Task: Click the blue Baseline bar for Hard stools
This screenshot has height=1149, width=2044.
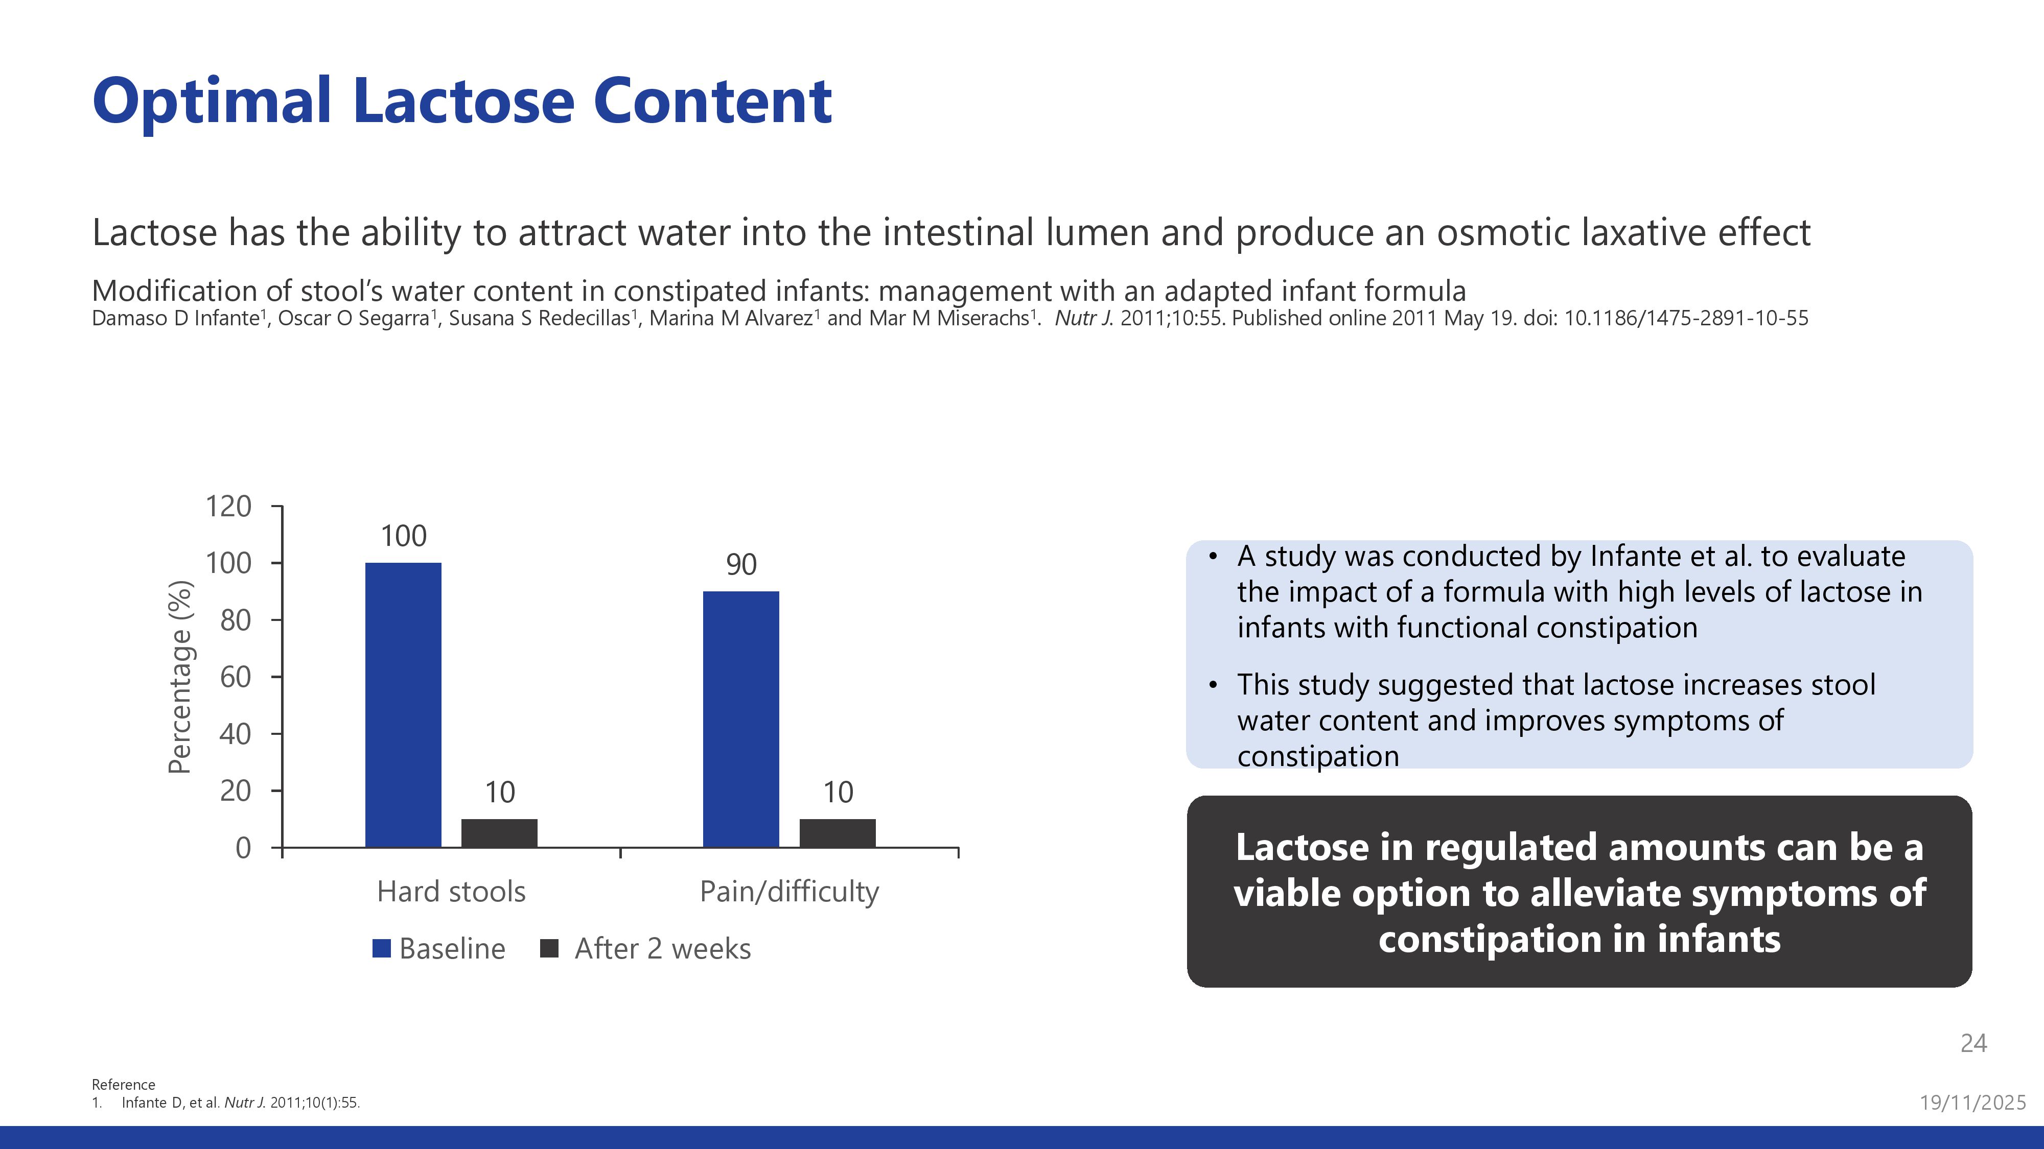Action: coord(403,705)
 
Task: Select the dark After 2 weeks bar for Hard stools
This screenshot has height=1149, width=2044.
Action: coord(499,833)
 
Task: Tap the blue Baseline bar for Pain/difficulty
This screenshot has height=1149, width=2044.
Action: coord(741,719)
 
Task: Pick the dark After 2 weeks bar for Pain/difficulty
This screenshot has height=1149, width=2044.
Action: coord(837,833)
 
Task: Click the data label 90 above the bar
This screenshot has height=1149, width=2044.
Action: coord(741,565)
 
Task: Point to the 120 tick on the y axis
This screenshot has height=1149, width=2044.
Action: coord(228,506)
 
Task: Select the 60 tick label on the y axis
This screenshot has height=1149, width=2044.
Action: coord(236,677)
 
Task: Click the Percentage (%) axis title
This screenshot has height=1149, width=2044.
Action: coord(180,677)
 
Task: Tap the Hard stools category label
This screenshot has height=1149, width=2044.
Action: coord(451,891)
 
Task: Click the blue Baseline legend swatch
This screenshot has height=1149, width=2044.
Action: coord(382,948)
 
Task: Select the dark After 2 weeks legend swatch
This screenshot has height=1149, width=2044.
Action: coord(549,948)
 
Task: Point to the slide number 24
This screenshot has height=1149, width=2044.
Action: coord(1973,1043)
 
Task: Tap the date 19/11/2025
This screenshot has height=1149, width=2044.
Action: coord(1972,1102)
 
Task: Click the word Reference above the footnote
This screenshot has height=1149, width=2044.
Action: coord(123,1084)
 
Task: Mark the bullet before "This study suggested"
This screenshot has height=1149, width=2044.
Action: coord(1213,685)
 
